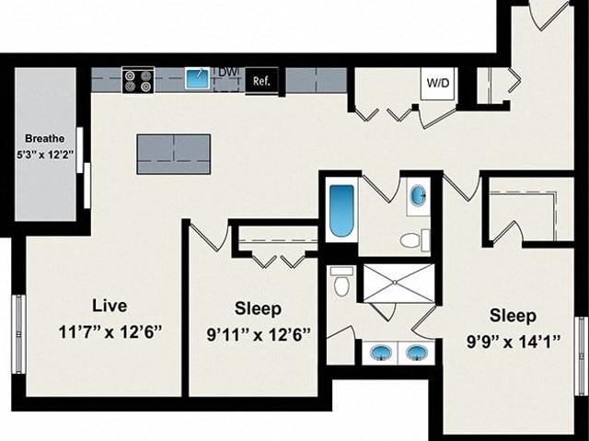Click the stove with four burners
[138, 80]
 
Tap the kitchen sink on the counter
[198, 78]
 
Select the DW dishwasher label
[227, 73]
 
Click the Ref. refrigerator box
[261, 80]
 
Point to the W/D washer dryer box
[438, 83]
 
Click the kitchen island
[174, 154]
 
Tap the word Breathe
[45, 139]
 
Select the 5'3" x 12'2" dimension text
[45, 155]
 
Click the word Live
[110, 306]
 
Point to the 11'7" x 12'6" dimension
[110, 332]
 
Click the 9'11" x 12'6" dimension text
[259, 334]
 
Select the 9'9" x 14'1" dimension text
[514, 342]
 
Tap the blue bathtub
[341, 210]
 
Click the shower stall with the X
[398, 283]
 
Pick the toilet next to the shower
[341, 282]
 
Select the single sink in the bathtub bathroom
[418, 196]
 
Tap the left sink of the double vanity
[381, 353]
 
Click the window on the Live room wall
[18, 334]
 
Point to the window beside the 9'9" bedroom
[582, 355]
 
